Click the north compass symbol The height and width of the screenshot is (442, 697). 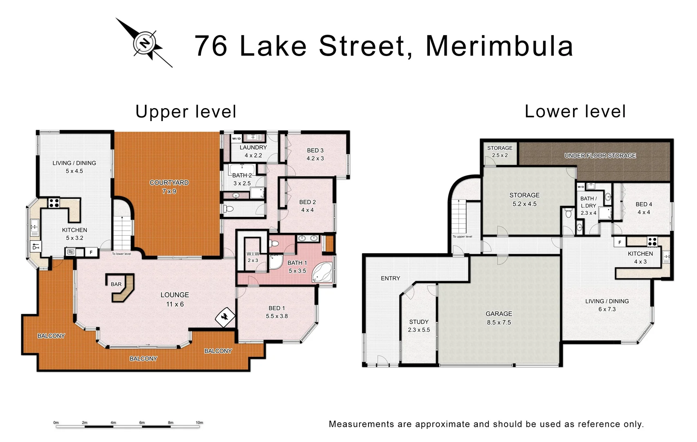[x=144, y=43]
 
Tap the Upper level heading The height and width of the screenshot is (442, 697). [x=186, y=112]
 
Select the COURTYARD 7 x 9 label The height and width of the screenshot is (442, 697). [x=169, y=187]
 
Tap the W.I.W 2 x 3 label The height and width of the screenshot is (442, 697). [x=253, y=257]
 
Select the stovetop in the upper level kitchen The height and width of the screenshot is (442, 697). [x=54, y=203]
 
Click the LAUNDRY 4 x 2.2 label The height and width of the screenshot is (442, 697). [x=253, y=151]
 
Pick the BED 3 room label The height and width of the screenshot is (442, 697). [x=315, y=154]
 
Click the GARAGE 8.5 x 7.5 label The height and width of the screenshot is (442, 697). [x=499, y=318]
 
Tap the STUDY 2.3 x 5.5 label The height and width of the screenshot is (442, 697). [x=419, y=326]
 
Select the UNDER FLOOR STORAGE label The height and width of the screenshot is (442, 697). [x=600, y=156]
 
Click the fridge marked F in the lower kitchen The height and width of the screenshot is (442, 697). [x=620, y=242]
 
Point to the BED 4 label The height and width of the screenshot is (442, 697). [x=644, y=208]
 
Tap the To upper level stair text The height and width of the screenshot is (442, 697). [x=462, y=237]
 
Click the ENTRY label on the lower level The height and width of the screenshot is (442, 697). [x=390, y=278]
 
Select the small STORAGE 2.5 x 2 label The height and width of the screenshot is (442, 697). [x=500, y=151]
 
